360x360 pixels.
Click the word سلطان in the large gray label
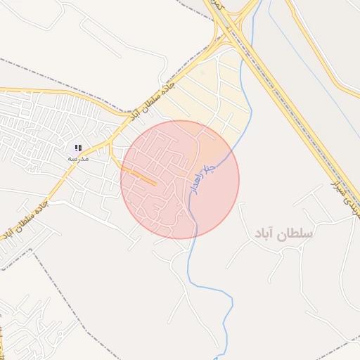296,233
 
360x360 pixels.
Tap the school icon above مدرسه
79,148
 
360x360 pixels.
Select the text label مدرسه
77,159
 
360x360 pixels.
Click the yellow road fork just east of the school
110,144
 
